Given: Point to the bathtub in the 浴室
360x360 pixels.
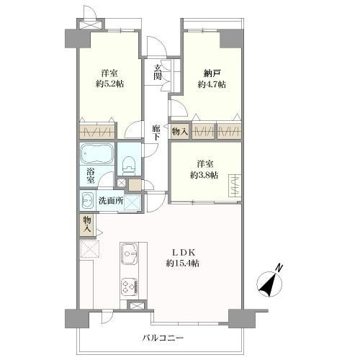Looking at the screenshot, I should click(96, 154).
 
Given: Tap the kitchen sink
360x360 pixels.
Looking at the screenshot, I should click(130, 254).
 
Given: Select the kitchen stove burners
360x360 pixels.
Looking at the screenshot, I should click(130, 287).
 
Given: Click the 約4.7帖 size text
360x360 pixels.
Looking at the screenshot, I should click(212, 85).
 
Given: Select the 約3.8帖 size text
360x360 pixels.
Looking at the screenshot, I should click(204, 175).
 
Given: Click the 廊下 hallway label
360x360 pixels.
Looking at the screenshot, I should click(156, 133).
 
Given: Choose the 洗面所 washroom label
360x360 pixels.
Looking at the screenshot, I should click(109, 201).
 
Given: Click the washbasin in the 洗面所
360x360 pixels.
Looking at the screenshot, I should click(87, 200).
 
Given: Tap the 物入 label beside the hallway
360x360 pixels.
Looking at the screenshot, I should click(180, 132).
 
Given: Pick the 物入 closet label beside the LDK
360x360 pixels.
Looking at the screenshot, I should click(86, 224).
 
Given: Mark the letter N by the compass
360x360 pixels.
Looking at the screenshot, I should click(280, 269).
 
